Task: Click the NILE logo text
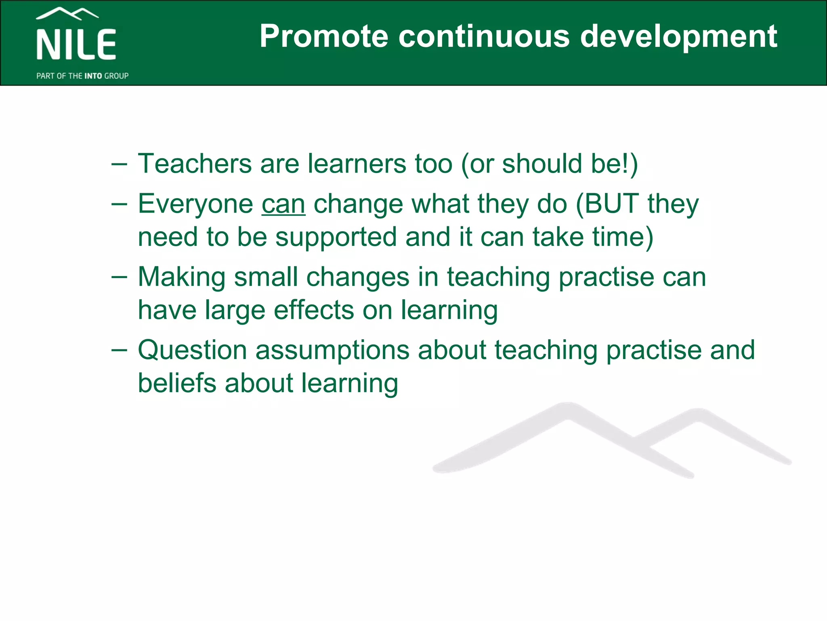tap(76, 44)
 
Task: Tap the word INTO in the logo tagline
tap(93, 76)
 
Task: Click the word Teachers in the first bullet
tap(195, 164)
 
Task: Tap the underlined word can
tap(283, 204)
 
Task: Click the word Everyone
tap(195, 204)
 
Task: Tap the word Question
tap(192, 351)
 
